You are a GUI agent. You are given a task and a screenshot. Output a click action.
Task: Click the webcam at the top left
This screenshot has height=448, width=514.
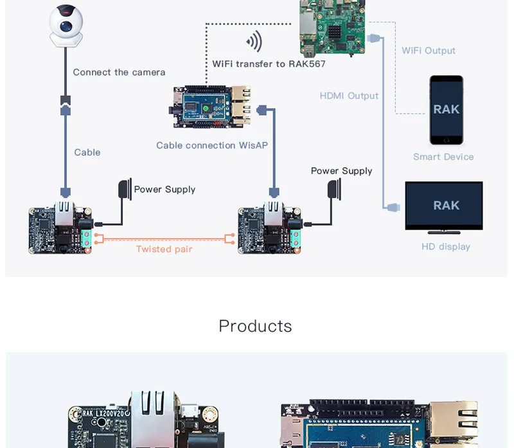(x=66, y=26)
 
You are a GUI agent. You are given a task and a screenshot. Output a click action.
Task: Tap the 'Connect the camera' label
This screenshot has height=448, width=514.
(x=119, y=72)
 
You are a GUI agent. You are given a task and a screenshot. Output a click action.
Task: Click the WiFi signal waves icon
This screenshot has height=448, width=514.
(x=254, y=41)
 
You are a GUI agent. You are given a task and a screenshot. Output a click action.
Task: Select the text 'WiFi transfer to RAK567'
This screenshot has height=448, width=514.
(x=269, y=64)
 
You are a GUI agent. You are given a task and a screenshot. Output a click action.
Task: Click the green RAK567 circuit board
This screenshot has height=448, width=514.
(x=332, y=28)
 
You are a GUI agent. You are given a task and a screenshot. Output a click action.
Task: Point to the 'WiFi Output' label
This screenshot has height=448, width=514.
(x=429, y=51)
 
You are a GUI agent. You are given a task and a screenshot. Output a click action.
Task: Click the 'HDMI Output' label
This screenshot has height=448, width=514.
(x=349, y=96)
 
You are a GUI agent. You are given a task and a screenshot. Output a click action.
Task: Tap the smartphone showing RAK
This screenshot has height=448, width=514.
(x=446, y=110)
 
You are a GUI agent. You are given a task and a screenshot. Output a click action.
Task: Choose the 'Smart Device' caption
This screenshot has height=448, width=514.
(x=443, y=157)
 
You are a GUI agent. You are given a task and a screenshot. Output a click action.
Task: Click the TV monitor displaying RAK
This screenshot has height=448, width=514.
(x=444, y=208)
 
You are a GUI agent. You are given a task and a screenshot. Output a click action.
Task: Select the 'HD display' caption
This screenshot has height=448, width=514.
(x=446, y=247)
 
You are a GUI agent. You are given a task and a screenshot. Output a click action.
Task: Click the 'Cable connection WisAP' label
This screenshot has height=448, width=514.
(x=212, y=145)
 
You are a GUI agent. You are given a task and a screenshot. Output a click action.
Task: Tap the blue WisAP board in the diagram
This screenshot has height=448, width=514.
(x=212, y=107)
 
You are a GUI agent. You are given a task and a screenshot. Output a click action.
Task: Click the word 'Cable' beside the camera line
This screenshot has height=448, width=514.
(x=87, y=152)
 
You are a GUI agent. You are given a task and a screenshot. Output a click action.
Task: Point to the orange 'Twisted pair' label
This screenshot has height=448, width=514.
(x=164, y=249)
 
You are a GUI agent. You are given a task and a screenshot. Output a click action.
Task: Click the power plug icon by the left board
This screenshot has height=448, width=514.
(x=125, y=189)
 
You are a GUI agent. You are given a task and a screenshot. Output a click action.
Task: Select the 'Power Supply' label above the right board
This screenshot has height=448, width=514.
(x=342, y=171)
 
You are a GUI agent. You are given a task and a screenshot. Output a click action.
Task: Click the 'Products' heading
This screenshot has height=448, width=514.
(x=255, y=326)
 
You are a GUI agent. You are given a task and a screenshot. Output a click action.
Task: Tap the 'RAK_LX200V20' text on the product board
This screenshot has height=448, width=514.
(x=103, y=413)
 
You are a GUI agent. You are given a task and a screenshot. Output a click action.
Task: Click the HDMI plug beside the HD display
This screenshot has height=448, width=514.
(x=393, y=207)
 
